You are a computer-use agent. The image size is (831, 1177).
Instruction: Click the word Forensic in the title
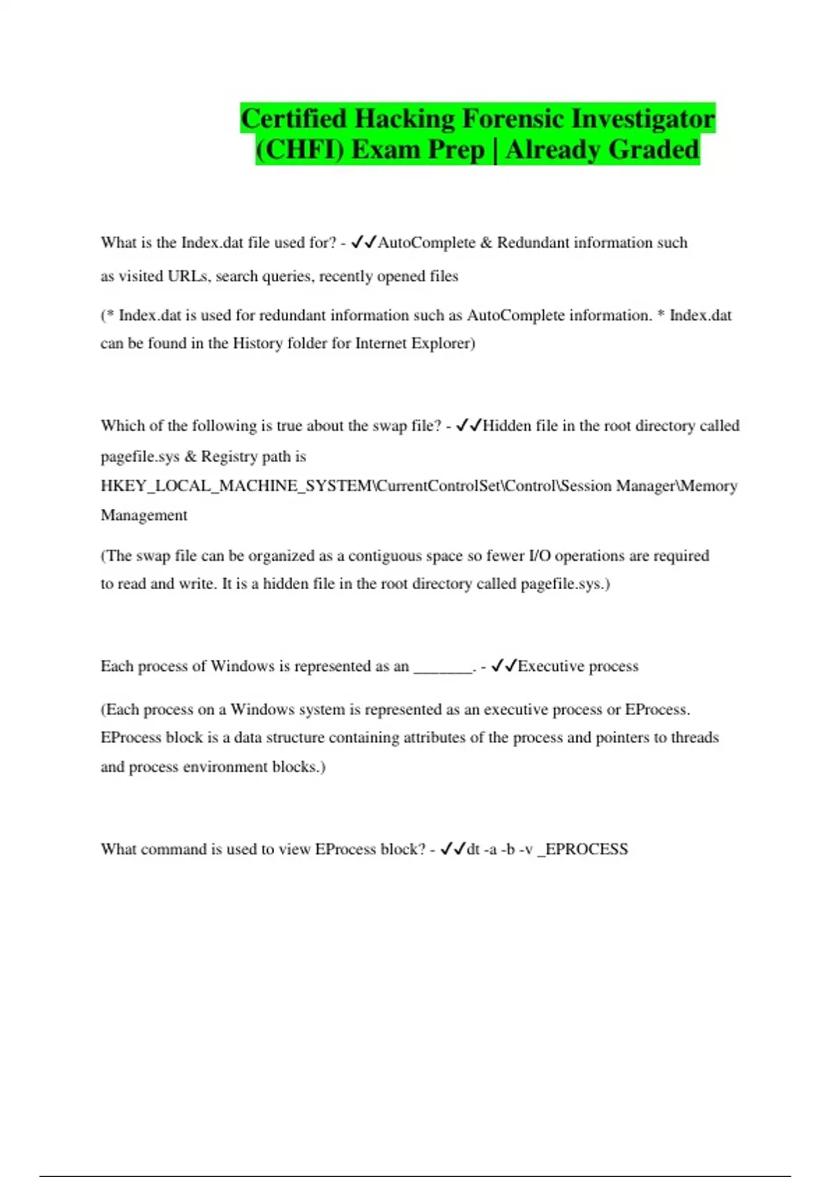pyautogui.click(x=512, y=119)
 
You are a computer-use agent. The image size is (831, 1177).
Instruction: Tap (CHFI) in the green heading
pyautogui.click(x=299, y=150)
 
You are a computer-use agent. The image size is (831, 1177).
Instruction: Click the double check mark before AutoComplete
pyautogui.click(x=364, y=242)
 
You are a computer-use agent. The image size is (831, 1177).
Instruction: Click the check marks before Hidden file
pyautogui.click(x=469, y=425)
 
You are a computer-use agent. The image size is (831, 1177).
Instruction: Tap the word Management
pyautogui.click(x=144, y=515)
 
